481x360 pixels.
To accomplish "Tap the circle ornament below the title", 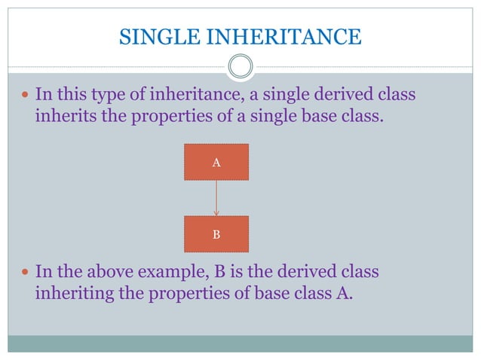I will pos(240,67).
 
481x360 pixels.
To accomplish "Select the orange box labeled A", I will pos(216,162).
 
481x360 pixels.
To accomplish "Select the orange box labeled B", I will pos(216,234).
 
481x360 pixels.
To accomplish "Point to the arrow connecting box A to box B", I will pos(216,198).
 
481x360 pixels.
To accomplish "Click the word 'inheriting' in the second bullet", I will pos(70,293).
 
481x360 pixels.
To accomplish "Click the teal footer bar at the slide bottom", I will pos(240,343).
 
